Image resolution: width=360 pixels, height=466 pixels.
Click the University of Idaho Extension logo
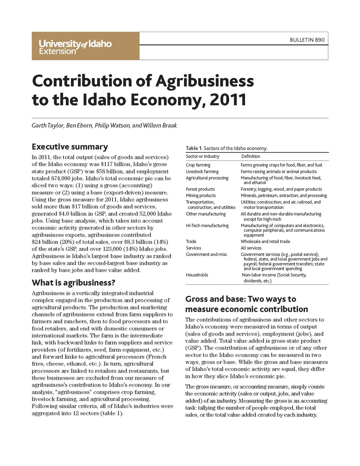tap(75, 47)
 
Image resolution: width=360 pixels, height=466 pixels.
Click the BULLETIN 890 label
tap(307, 40)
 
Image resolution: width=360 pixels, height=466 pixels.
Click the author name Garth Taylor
tap(47, 126)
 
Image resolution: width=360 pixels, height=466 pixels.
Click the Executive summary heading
tap(70, 147)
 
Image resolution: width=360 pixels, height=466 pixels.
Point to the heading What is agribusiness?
tap(73, 283)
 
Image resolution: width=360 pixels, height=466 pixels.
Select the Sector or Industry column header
tap(202, 156)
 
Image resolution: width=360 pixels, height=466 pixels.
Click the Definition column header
tap(251, 156)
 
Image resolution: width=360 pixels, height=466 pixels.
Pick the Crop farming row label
tap(198, 165)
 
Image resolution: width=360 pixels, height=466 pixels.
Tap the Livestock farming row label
tap(202, 172)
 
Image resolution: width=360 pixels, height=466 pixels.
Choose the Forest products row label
tap(200, 189)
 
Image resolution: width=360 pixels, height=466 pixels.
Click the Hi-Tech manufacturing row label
tap(207, 226)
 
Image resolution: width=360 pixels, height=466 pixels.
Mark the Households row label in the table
tap(197, 275)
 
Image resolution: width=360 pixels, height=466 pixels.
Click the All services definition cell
tap(251, 248)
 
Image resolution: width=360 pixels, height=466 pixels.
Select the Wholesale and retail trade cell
tap(265, 241)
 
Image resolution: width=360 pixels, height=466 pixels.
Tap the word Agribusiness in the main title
tap(205, 81)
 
